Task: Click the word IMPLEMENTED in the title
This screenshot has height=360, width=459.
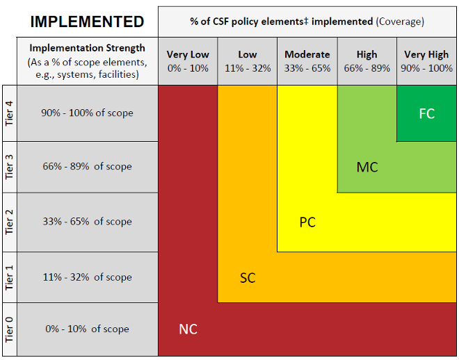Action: click(x=87, y=21)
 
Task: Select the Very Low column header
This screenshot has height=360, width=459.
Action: click(x=188, y=61)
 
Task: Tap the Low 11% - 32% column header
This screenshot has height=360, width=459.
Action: click(x=248, y=61)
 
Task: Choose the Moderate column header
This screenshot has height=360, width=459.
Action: click(x=307, y=61)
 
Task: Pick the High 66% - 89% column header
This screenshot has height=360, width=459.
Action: click(x=367, y=61)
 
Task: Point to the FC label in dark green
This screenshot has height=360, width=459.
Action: click(x=426, y=113)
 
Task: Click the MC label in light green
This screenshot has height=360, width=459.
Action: click(x=367, y=167)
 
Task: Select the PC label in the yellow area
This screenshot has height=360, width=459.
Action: click(x=307, y=222)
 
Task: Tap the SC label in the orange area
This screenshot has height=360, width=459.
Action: click(x=248, y=278)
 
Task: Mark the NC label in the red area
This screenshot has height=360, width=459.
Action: click(x=188, y=329)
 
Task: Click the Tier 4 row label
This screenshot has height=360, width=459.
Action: click(x=9, y=113)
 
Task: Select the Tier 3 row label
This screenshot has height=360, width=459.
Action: click(x=9, y=167)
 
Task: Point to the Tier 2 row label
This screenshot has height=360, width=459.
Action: click(x=9, y=222)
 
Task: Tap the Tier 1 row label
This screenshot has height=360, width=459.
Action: click(x=9, y=277)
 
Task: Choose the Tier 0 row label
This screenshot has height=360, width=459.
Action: click(x=9, y=329)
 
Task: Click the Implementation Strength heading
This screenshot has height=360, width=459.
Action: click(x=88, y=48)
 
